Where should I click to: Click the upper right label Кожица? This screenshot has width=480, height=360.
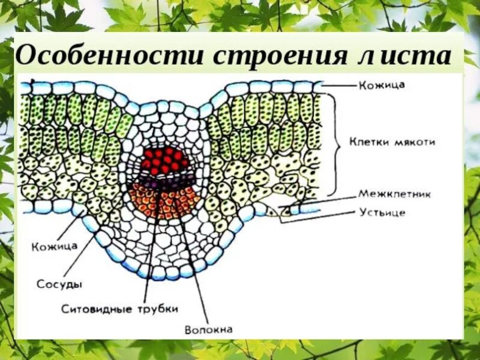point(382,85)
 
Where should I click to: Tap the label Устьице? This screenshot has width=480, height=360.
point(382,212)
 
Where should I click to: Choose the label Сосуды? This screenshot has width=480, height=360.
point(59,283)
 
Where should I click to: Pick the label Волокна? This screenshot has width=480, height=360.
point(208,329)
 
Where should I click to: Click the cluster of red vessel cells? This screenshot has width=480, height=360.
point(163,160)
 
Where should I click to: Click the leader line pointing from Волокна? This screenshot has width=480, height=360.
point(193,264)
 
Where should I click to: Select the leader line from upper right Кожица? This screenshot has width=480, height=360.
point(339,86)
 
